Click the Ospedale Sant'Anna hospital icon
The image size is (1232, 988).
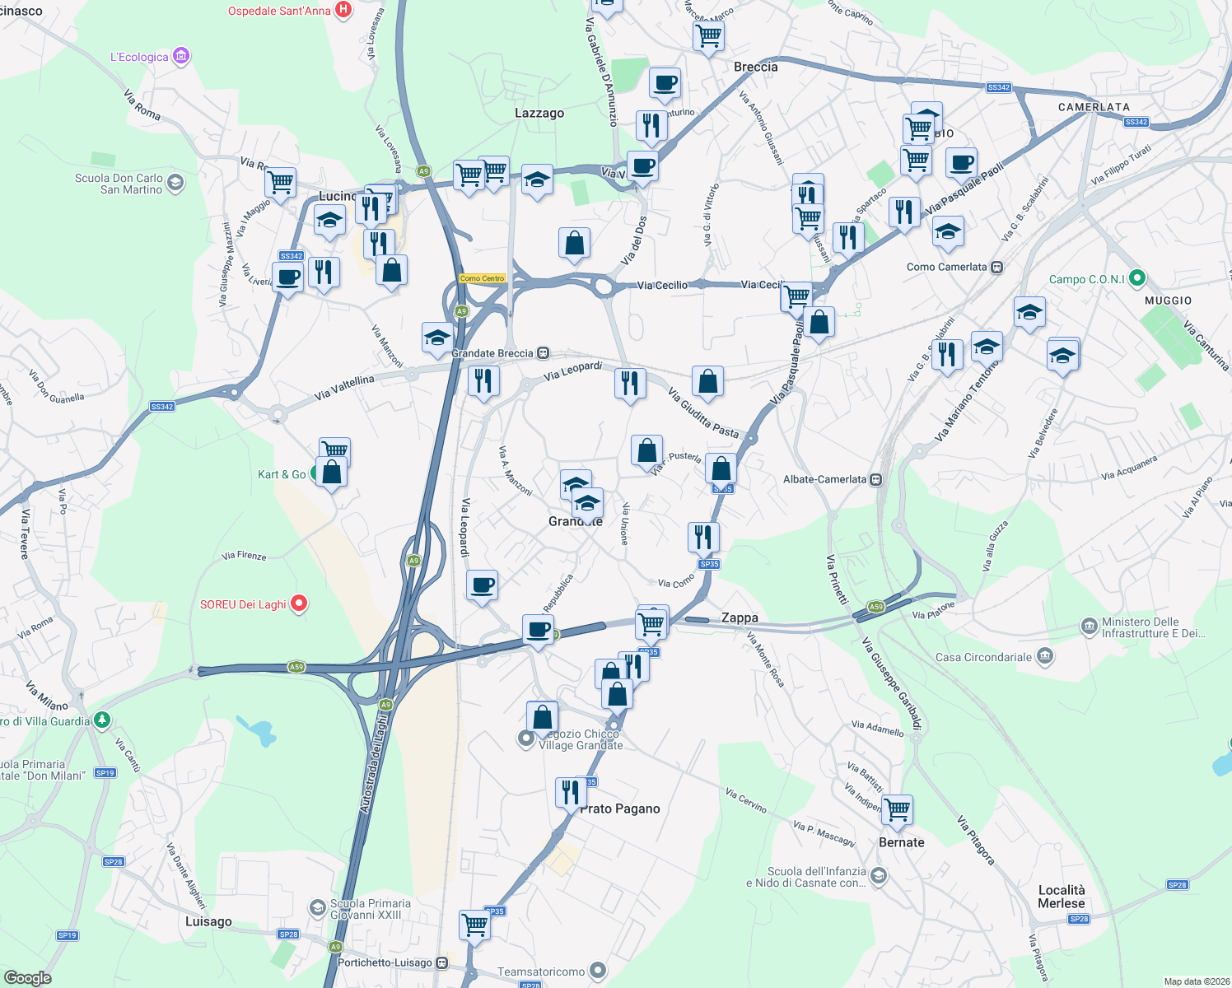343,11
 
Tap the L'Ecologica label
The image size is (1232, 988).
139,57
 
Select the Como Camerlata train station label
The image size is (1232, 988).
946,267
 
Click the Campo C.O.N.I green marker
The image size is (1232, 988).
1136,278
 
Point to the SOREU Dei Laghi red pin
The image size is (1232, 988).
300,604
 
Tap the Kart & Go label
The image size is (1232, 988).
282,474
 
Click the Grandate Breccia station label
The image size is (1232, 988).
492,353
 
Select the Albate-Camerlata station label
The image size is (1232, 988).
824,479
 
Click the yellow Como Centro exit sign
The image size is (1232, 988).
482,278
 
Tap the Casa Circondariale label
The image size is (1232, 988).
983,657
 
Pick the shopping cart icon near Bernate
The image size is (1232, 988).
897,809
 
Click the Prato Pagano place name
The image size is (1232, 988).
620,809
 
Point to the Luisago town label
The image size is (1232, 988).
208,921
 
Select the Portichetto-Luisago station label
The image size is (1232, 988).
385,962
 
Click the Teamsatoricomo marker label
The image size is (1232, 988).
541,972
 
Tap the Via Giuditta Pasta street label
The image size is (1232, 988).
703,412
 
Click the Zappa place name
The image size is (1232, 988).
740,617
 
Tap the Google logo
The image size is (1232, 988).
27,977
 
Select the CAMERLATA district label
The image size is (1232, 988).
1094,107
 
